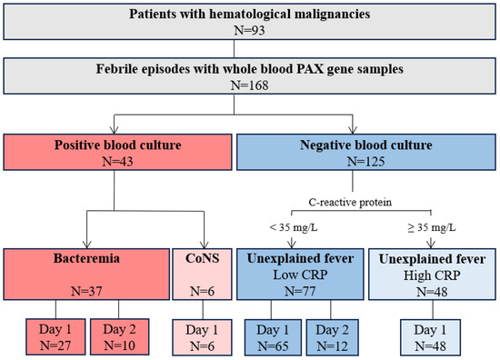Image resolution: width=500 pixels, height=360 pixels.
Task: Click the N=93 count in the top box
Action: [x=249, y=30]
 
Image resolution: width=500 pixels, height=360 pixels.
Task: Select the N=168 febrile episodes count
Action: [x=249, y=85]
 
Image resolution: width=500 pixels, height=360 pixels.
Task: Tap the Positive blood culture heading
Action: [x=117, y=145]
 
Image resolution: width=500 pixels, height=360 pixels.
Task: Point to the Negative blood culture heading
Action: [x=366, y=145]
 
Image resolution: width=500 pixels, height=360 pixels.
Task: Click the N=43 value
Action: [x=117, y=161]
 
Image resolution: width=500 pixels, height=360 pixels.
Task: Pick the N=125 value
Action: [x=366, y=161]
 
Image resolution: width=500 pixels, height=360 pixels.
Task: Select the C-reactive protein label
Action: [x=350, y=202]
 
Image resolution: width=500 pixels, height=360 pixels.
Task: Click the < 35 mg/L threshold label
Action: [x=294, y=227]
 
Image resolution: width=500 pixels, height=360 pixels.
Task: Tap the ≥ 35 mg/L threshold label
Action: [x=432, y=227]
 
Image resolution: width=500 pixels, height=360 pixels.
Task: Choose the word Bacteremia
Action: [x=86, y=258]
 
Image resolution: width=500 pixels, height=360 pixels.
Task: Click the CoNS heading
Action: [x=202, y=258]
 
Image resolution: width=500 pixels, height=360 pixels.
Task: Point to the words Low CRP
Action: [x=300, y=275]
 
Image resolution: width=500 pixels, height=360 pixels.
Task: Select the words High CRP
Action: [x=432, y=275]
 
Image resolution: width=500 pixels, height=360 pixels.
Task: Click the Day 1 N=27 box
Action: [x=55, y=336]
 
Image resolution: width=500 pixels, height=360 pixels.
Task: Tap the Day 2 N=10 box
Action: [x=120, y=336]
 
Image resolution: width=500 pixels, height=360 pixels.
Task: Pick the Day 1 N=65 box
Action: [x=273, y=337]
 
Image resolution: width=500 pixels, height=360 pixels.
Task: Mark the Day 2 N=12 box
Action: [x=332, y=337]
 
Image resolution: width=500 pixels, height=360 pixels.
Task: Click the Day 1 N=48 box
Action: [x=431, y=337]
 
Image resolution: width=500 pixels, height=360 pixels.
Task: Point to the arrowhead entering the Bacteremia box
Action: [x=87, y=245]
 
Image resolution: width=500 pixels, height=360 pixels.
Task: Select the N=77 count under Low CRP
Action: [x=300, y=291]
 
